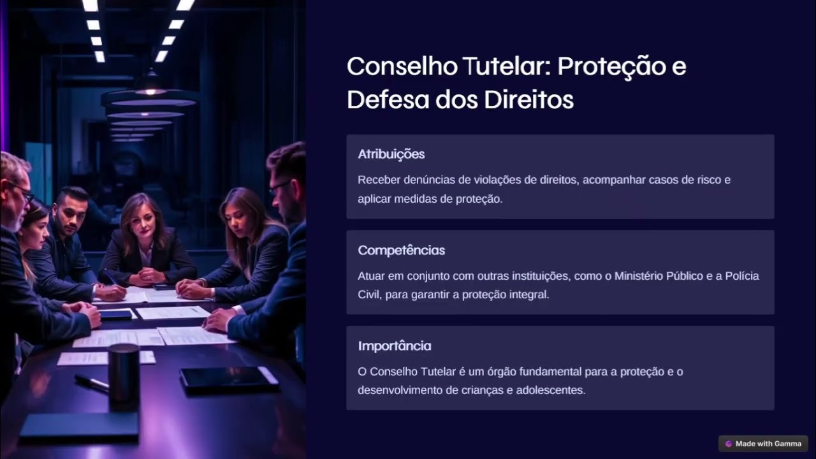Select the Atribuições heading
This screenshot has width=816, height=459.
point(391,154)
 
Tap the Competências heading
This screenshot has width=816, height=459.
point(401,250)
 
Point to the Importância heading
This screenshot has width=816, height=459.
point(394,346)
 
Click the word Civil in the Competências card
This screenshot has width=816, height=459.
point(368,295)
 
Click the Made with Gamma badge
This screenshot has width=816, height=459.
point(763,444)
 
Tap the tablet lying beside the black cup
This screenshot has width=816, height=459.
point(228,379)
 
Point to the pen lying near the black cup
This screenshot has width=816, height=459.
point(91,382)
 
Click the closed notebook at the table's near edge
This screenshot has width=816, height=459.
point(80,425)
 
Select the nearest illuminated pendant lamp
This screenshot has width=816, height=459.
point(150,96)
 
